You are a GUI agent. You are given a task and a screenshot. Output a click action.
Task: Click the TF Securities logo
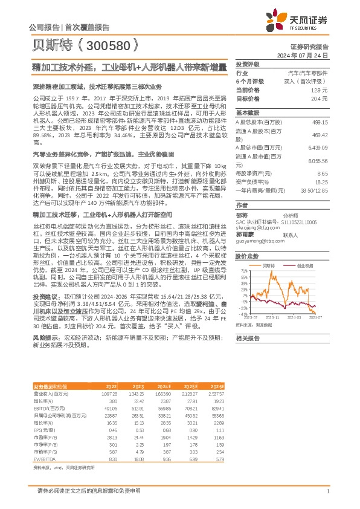click(x=304, y=20)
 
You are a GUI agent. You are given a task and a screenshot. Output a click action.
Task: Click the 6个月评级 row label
click(x=249, y=81)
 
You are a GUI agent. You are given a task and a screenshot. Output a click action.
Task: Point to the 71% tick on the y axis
click(x=243, y=271)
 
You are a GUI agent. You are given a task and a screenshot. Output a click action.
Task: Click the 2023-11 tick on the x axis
click(x=273, y=317)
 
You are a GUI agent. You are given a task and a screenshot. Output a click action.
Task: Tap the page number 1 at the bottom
click(x=327, y=490)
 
